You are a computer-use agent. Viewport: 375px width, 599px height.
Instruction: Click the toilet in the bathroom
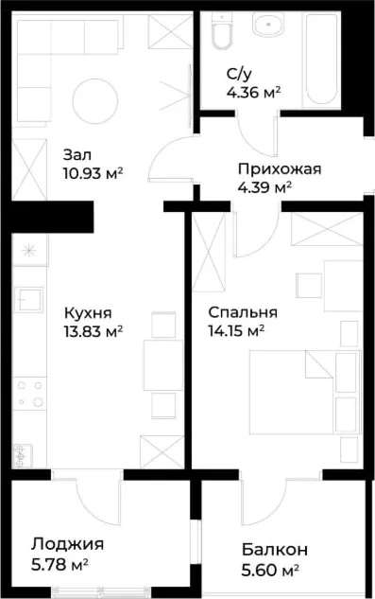pyautogui.click(x=222, y=31)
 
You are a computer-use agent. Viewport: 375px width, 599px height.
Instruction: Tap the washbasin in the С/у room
pyautogui.click(x=268, y=25)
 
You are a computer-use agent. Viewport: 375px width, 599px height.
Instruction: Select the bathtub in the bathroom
pyautogui.click(x=321, y=60)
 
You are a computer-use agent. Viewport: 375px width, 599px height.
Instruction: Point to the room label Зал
pyautogui.click(x=77, y=154)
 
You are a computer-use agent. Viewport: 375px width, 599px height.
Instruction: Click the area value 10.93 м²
pyautogui.click(x=93, y=174)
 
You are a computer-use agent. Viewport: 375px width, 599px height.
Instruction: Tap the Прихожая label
pyautogui.click(x=280, y=168)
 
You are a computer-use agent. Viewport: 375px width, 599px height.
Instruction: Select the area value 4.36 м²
pyautogui.click(x=253, y=93)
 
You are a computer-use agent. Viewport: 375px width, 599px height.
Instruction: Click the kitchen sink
pyautogui.click(x=28, y=300)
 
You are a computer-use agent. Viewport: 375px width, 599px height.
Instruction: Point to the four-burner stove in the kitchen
pyautogui.click(x=29, y=393)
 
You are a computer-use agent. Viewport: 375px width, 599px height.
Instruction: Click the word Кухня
pyautogui.click(x=88, y=313)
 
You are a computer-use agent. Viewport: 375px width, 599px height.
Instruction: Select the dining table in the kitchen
pyautogui.click(x=163, y=365)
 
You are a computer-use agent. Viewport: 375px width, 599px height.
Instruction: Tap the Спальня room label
pyautogui.click(x=243, y=312)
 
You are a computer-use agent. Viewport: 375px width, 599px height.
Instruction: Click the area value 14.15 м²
pyautogui.click(x=236, y=331)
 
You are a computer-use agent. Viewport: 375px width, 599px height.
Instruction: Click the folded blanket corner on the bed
pyautogui.click(x=318, y=365)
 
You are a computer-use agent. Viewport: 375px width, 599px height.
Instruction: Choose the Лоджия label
pyautogui.click(x=67, y=544)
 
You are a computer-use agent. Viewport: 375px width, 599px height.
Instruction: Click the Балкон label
pyautogui.click(x=275, y=550)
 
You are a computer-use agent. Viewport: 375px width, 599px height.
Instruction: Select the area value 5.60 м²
pyautogui.click(x=270, y=571)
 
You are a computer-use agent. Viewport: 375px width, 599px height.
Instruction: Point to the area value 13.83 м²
pyautogui.click(x=94, y=331)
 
